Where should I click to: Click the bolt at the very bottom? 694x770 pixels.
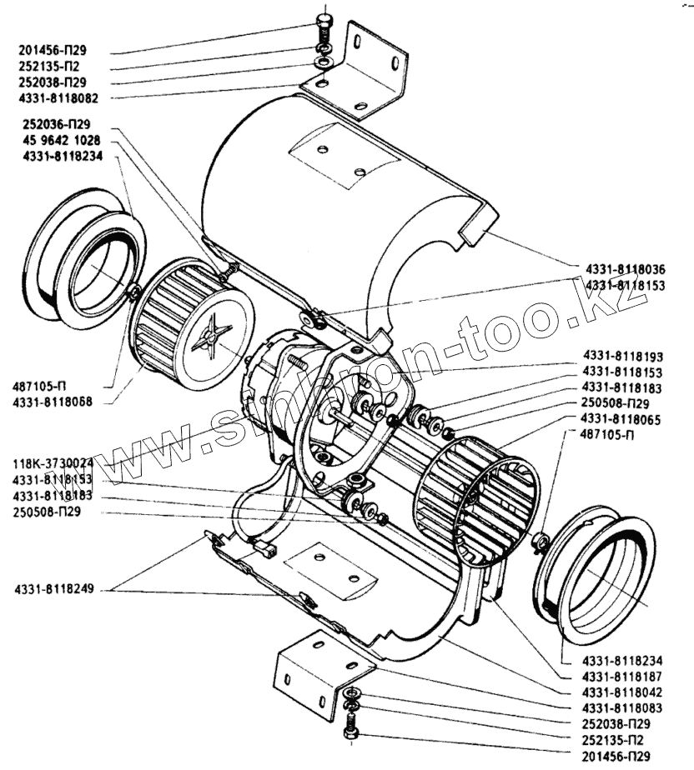point(348,736)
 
